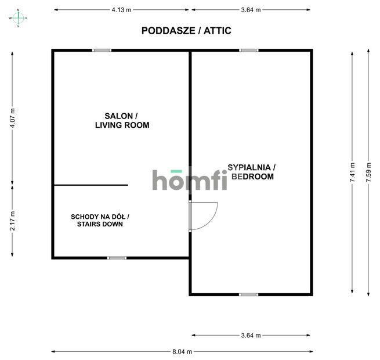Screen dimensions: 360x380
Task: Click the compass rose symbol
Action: point(18,18)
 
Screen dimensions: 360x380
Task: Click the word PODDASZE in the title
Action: point(164,31)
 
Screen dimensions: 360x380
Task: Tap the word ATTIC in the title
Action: point(216,31)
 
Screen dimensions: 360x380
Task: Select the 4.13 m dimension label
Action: point(121,10)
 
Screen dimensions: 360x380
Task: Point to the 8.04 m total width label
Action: point(182,351)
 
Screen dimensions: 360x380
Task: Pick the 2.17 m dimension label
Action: point(12,221)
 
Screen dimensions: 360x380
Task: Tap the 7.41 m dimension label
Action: point(352,173)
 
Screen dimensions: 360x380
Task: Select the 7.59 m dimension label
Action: point(368,173)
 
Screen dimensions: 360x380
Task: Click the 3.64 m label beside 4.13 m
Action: point(250,10)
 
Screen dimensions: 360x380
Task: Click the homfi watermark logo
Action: point(189,180)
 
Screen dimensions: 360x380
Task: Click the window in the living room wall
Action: point(102,51)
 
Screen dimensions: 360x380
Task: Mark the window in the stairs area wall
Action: point(117,258)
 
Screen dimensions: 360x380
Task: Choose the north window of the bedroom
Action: point(249,51)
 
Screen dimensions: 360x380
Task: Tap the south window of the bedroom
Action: point(248,294)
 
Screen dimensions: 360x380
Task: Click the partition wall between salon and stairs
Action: point(91,185)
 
